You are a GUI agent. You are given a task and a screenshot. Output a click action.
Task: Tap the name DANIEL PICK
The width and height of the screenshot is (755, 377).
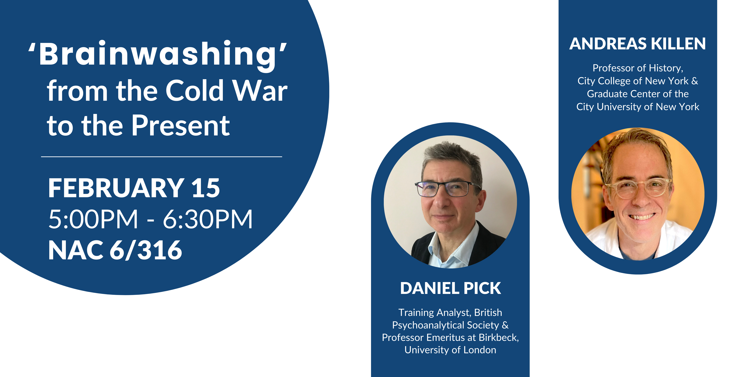click(451, 288)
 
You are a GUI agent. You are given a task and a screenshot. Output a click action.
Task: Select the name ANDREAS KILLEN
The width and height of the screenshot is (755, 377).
click(638, 44)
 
